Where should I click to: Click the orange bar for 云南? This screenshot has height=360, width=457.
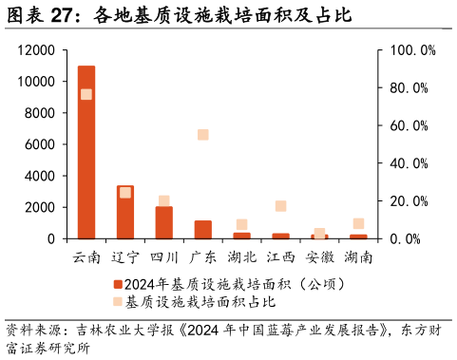click(x=86, y=152)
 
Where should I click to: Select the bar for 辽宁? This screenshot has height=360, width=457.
click(x=125, y=212)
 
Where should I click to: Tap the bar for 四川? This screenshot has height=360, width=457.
click(x=164, y=222)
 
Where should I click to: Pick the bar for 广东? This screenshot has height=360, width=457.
click(x=203, y=230)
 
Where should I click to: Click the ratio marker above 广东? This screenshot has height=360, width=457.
click(x=203, y=135)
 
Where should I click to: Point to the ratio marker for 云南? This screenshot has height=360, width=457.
click(x=86, y=94)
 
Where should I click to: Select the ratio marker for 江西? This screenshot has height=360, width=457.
click(x=280, y=206)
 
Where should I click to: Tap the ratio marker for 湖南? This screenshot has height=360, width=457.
click(x=358, y=224)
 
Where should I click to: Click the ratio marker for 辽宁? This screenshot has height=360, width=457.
click(x=125, y=193)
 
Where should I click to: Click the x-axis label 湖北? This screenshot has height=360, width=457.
click(x=242, y=257)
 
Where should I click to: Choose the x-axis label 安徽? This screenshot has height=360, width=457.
click(x=319, y=257)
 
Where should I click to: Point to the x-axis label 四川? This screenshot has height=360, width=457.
click(x=164, y=257)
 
